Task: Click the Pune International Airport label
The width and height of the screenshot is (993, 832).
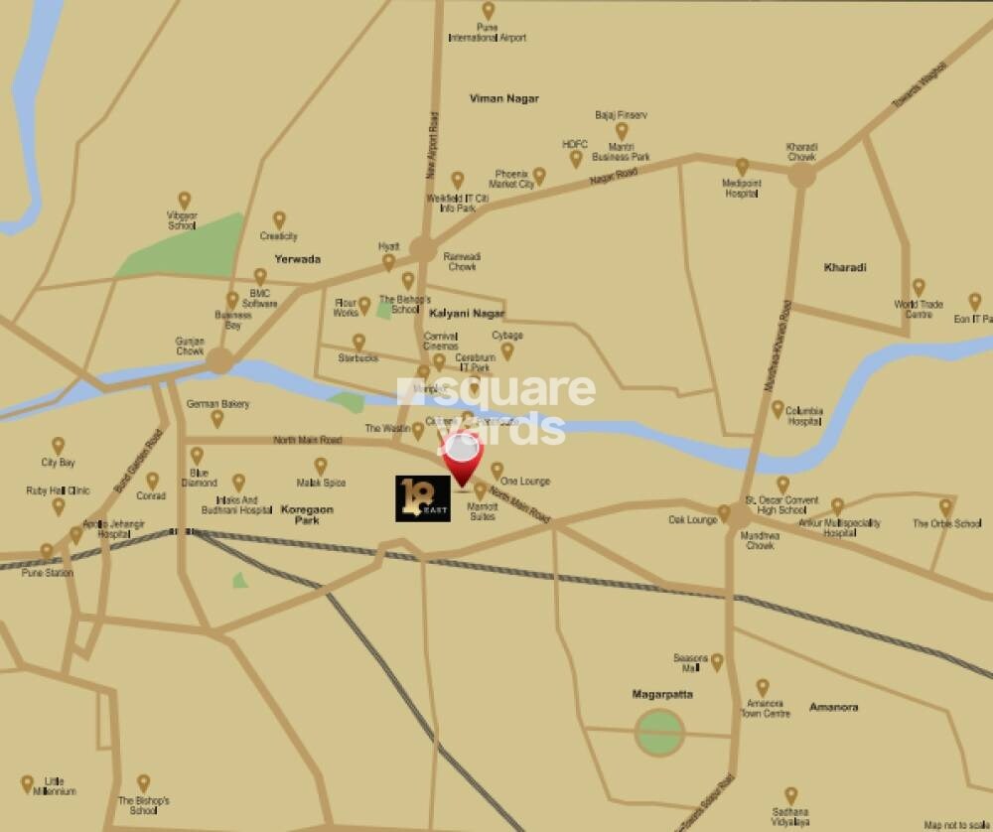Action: tap(488, 32)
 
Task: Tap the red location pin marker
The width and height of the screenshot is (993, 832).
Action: tap(463, 459)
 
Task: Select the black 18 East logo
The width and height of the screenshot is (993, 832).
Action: tap(423, 498)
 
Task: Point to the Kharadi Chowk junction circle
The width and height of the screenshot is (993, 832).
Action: tap(801, 176)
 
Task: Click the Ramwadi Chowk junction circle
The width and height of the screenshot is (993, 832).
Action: tap(424, 249)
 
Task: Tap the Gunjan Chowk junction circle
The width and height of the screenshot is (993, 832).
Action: tap(219, 360)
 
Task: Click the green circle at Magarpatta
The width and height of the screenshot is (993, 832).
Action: tap(659, 733)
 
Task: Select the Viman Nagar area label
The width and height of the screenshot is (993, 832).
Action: tap(503, 98)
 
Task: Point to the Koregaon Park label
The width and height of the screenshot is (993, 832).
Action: tap(307, 514)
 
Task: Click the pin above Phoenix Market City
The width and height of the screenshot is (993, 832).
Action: tap(539, 175)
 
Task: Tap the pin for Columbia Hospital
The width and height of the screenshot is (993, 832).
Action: tap(778, 407)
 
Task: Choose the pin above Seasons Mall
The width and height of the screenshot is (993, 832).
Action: tap(717, 660)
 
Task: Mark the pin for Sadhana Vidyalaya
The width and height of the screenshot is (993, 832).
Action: tap(790, 795)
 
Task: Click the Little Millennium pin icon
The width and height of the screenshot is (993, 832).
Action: tap(28, 783)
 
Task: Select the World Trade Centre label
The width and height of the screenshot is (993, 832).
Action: tap(918, 309)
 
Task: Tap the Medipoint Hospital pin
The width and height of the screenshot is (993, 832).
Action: tap(742, 166)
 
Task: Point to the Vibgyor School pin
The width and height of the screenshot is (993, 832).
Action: tap(184, 200)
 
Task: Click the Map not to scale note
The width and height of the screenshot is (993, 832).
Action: tap(955, 824)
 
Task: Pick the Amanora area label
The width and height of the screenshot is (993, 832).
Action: tap(833, 707)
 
